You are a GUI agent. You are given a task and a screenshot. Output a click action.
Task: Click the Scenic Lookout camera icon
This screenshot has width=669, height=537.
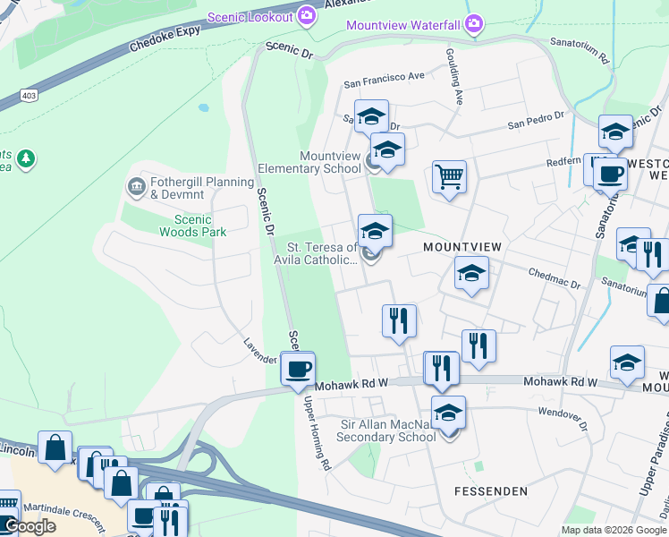[307, 15]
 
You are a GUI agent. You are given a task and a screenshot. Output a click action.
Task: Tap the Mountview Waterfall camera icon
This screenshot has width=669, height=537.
[474, 23]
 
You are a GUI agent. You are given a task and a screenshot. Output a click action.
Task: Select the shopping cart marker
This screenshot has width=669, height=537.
[449, 175]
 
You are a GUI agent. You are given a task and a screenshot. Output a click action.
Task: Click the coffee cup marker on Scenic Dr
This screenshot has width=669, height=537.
[298, 367]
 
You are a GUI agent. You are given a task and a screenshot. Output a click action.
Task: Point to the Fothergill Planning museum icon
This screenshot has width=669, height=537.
[136, 186]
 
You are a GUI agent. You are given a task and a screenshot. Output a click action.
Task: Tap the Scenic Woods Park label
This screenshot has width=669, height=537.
[192, 226]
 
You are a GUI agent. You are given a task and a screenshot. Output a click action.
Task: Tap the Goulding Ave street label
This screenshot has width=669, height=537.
[453, 76]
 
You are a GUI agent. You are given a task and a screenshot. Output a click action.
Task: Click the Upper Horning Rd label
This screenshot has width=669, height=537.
[318, 435]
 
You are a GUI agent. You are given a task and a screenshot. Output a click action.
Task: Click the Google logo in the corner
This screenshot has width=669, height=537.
[29, 526]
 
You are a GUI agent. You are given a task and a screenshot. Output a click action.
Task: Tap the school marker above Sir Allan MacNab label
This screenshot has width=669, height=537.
[449, 413]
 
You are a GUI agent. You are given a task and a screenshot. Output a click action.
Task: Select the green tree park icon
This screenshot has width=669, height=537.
[27, 158]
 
